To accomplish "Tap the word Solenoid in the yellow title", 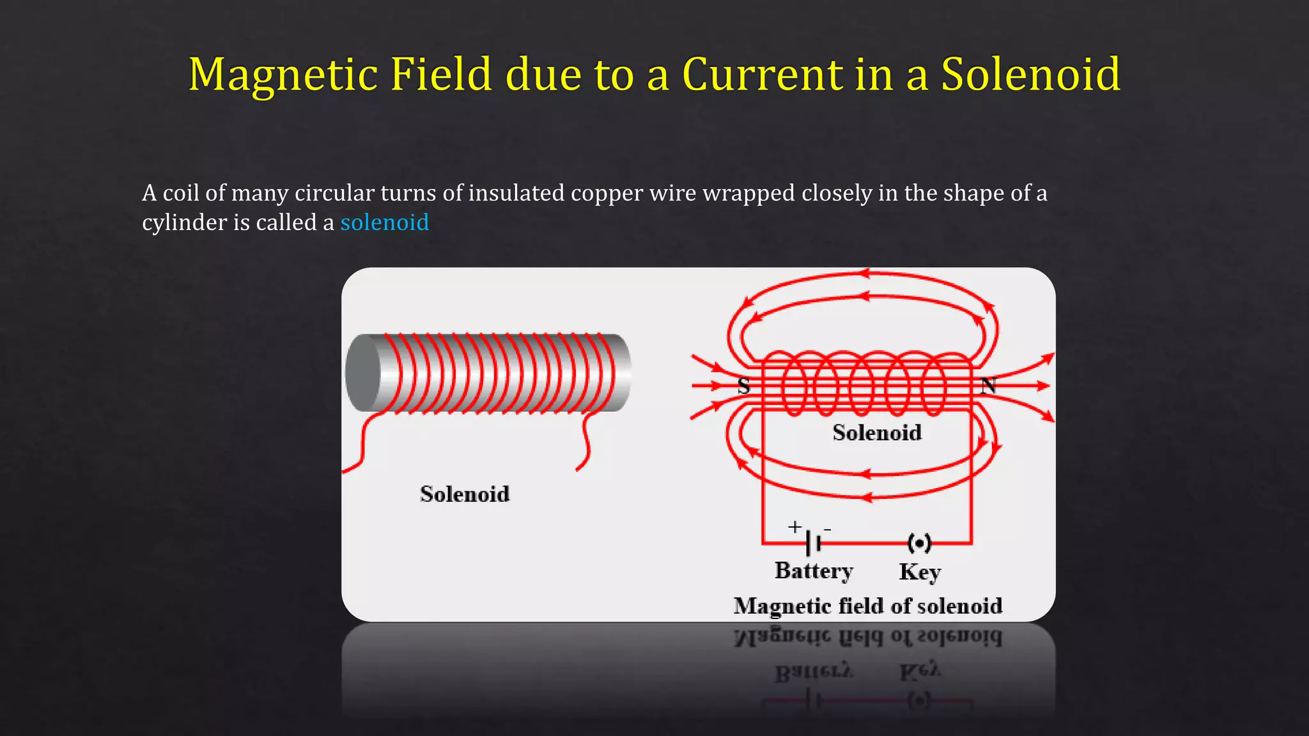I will pos(1030,74).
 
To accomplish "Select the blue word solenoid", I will pos(384,222).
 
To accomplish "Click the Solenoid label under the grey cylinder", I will pos(465,494).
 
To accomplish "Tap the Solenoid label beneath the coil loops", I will pos(877,433).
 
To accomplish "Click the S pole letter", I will pos(743,386).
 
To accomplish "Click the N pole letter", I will pos(988,386).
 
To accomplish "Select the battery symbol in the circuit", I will pos(813,543).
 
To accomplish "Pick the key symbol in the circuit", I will pos(919,543).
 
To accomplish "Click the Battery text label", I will pos(814,570).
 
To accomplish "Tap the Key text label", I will pos(919,571).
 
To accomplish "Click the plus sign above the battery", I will pos(794,526).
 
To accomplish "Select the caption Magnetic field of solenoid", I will pos(867,605).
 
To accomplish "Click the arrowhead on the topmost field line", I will pos(864,273).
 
